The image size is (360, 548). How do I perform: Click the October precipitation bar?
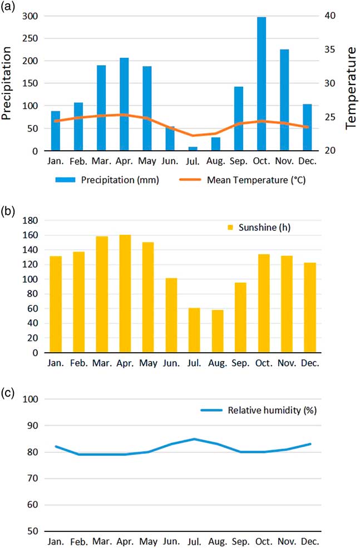(x=261, y=84)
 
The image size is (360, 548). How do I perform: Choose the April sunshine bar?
(x=125, y=294)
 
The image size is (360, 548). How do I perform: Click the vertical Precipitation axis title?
(x=7, y=83)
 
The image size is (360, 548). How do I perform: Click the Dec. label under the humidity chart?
(x=309, y=541)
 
